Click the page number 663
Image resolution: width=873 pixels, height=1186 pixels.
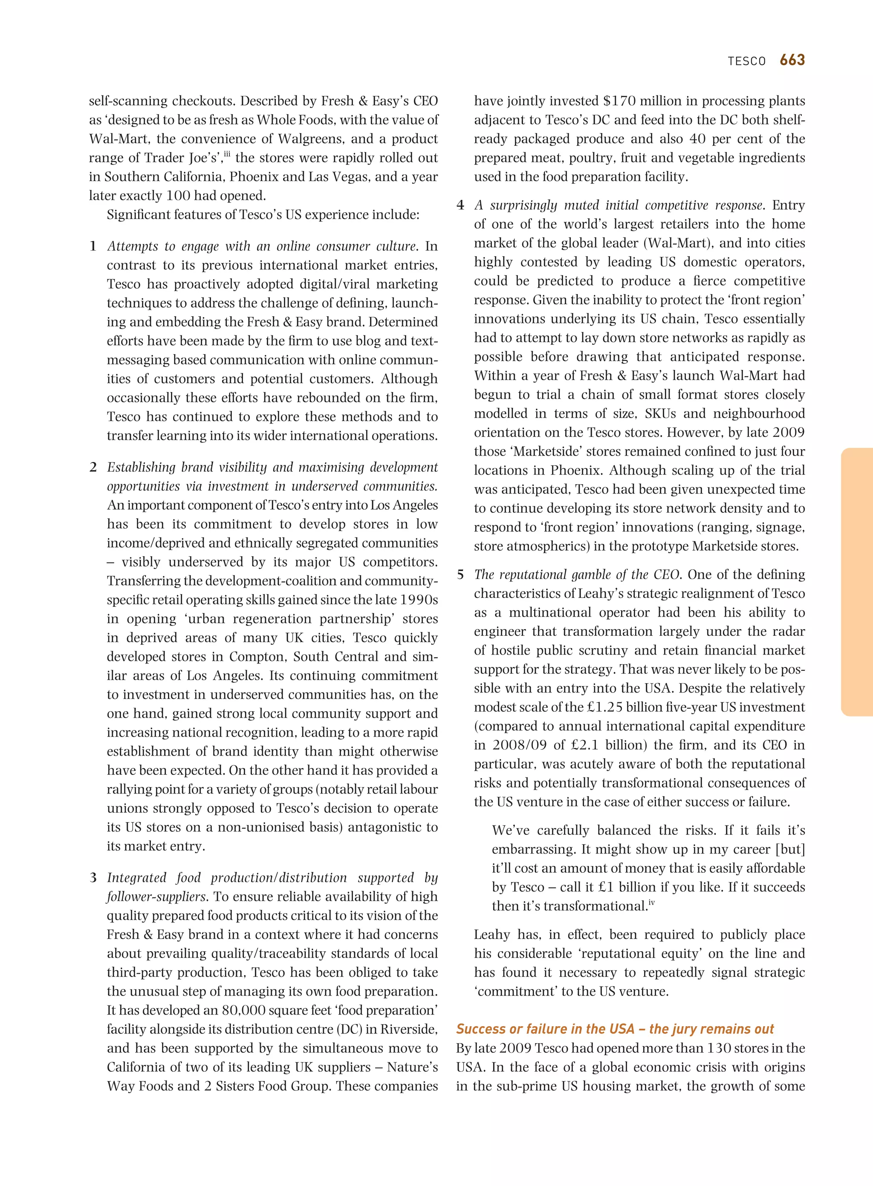point(792,60)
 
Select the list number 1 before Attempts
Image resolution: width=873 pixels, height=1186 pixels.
point(93,246)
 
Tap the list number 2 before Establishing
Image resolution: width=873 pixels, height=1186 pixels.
point(93,467)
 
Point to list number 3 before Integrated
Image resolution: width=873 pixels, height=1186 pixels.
point(93,877)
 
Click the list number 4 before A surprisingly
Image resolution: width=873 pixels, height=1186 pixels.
point(460,205)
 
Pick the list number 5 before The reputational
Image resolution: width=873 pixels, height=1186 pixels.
point(460,574)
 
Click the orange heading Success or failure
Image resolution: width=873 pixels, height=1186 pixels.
point(614,1029)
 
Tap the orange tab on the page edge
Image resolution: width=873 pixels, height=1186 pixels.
point(857,582)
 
